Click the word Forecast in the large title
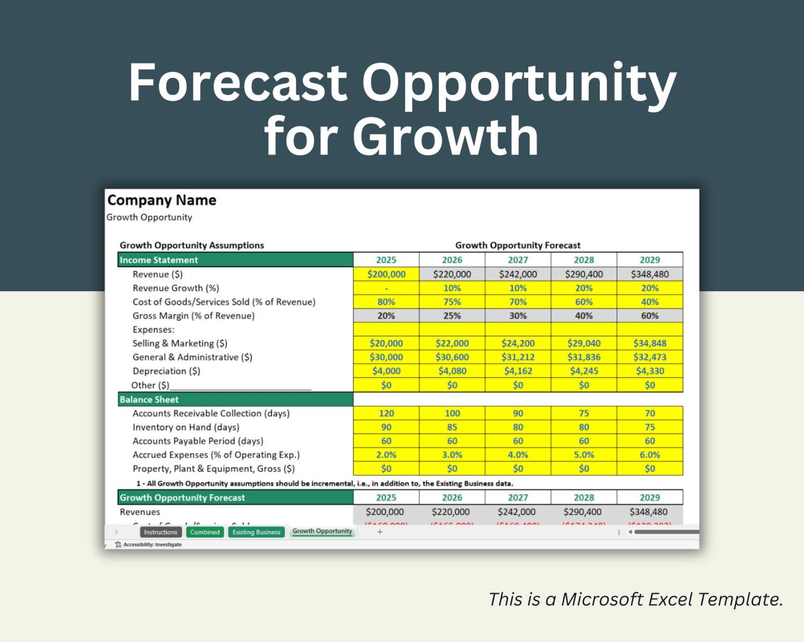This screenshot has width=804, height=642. point(237,82)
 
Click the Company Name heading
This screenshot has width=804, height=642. point(161,200)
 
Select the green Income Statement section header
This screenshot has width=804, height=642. point(235,260)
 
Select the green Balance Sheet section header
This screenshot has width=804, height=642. point(235,399)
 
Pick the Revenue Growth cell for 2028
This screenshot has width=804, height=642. point(584,288)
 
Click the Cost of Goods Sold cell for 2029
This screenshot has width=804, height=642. point(649,302)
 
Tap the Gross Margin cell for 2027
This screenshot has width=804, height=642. point(518,316)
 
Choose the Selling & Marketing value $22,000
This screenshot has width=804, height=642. point(452,343)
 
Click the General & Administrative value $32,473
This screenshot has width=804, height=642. point(649,357)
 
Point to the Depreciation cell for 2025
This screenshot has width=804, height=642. point(386,371)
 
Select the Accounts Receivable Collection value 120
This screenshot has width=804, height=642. point(386,413)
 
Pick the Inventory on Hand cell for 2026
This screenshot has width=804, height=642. point(452,427)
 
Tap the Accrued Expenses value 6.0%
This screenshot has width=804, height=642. point(649,455)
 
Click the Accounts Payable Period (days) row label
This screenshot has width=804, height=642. point(198,441)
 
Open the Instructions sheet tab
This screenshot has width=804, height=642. point(160,532)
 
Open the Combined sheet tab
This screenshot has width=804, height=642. point(205,532)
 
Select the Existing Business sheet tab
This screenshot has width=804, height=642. point(256,532)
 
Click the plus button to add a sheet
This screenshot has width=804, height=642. point(379,532)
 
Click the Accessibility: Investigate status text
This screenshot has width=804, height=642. point(152,545)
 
